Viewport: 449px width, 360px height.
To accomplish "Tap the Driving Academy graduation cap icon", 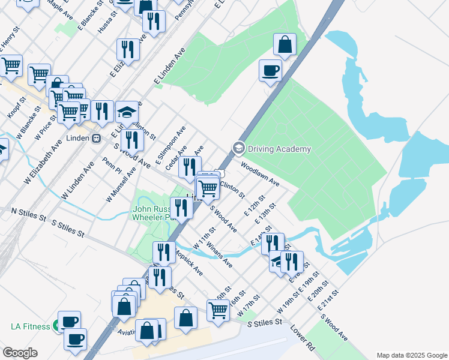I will (x=238, y=148).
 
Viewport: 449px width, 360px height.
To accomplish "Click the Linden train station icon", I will (x=97, y=137).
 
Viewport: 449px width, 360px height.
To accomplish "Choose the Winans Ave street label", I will (x=218, y=254).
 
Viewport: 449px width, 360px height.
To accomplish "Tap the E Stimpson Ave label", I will (x=170, y=146).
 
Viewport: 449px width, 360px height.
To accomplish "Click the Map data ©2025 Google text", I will (x=411, y=355).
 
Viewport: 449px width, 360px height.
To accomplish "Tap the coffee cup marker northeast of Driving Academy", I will (x=270, y=70).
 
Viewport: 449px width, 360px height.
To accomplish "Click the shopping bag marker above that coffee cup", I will (x=285, y=44).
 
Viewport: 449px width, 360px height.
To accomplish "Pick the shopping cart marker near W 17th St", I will (x=218, y=310).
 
